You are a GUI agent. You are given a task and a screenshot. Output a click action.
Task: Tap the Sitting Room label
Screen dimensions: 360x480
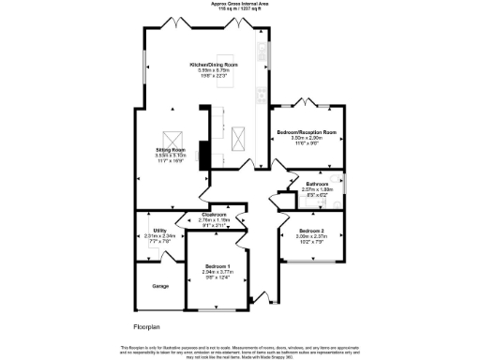click(x=170, y=150)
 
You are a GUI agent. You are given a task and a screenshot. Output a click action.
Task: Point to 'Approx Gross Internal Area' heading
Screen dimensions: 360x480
click(x=240, y=5)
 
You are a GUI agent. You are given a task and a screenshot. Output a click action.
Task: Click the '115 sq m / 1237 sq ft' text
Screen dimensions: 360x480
click(x=240, y=9)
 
